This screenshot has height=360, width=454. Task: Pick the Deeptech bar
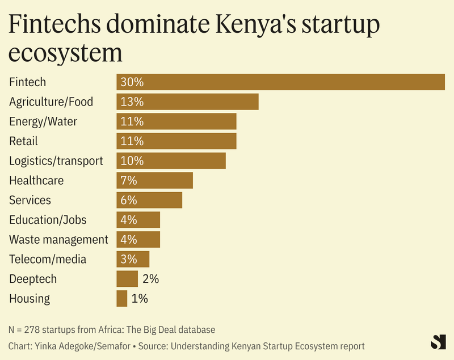[127, 279]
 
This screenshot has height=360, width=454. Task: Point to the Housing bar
[122, 298]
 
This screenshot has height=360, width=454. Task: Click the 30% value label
[132, 82]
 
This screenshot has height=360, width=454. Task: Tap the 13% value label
[132, 102]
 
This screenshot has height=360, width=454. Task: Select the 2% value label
[150, 279]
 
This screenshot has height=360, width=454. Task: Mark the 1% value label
[140, 298]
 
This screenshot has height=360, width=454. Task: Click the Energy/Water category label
[43, 121]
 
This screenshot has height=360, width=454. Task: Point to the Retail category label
[23, 141]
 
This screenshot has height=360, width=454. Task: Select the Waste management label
[58, 239]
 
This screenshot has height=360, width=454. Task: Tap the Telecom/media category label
[48, 259]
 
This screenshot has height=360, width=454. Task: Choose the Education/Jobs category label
[48, 219]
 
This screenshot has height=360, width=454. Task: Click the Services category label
[30, 200]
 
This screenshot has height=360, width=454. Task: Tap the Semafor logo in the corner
[438, 342]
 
